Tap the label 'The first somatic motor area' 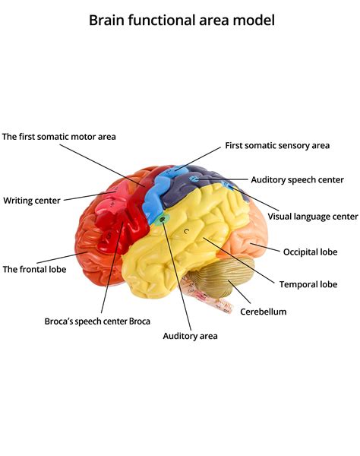point(58,137)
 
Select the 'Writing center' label point(33,201)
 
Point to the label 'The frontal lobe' point(34,269)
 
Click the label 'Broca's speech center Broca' point(97,321)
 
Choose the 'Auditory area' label point(190,335)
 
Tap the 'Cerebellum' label point(263,312)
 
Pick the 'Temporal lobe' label point(308,284)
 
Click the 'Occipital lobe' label point(310,252)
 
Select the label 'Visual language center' point(312,217)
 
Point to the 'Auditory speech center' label point(297,180)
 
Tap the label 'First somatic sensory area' point(277,145)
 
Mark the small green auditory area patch point(163,220)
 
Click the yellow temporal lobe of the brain point(190,243)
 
